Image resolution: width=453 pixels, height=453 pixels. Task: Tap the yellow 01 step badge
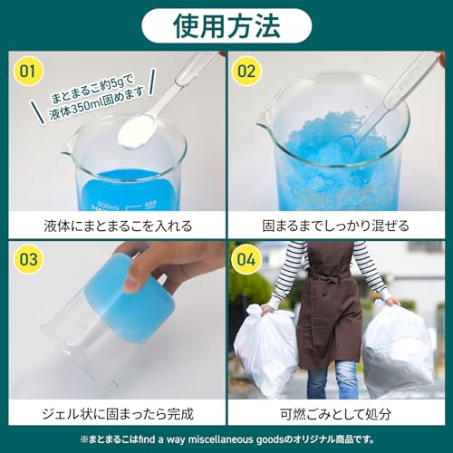(x=29, y=71)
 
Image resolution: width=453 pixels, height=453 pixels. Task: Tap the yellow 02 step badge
(x=248, y=71)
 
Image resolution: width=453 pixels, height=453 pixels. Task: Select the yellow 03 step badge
(x=29, y=260)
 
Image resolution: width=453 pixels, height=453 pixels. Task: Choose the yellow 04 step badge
(x=248, y=260)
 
